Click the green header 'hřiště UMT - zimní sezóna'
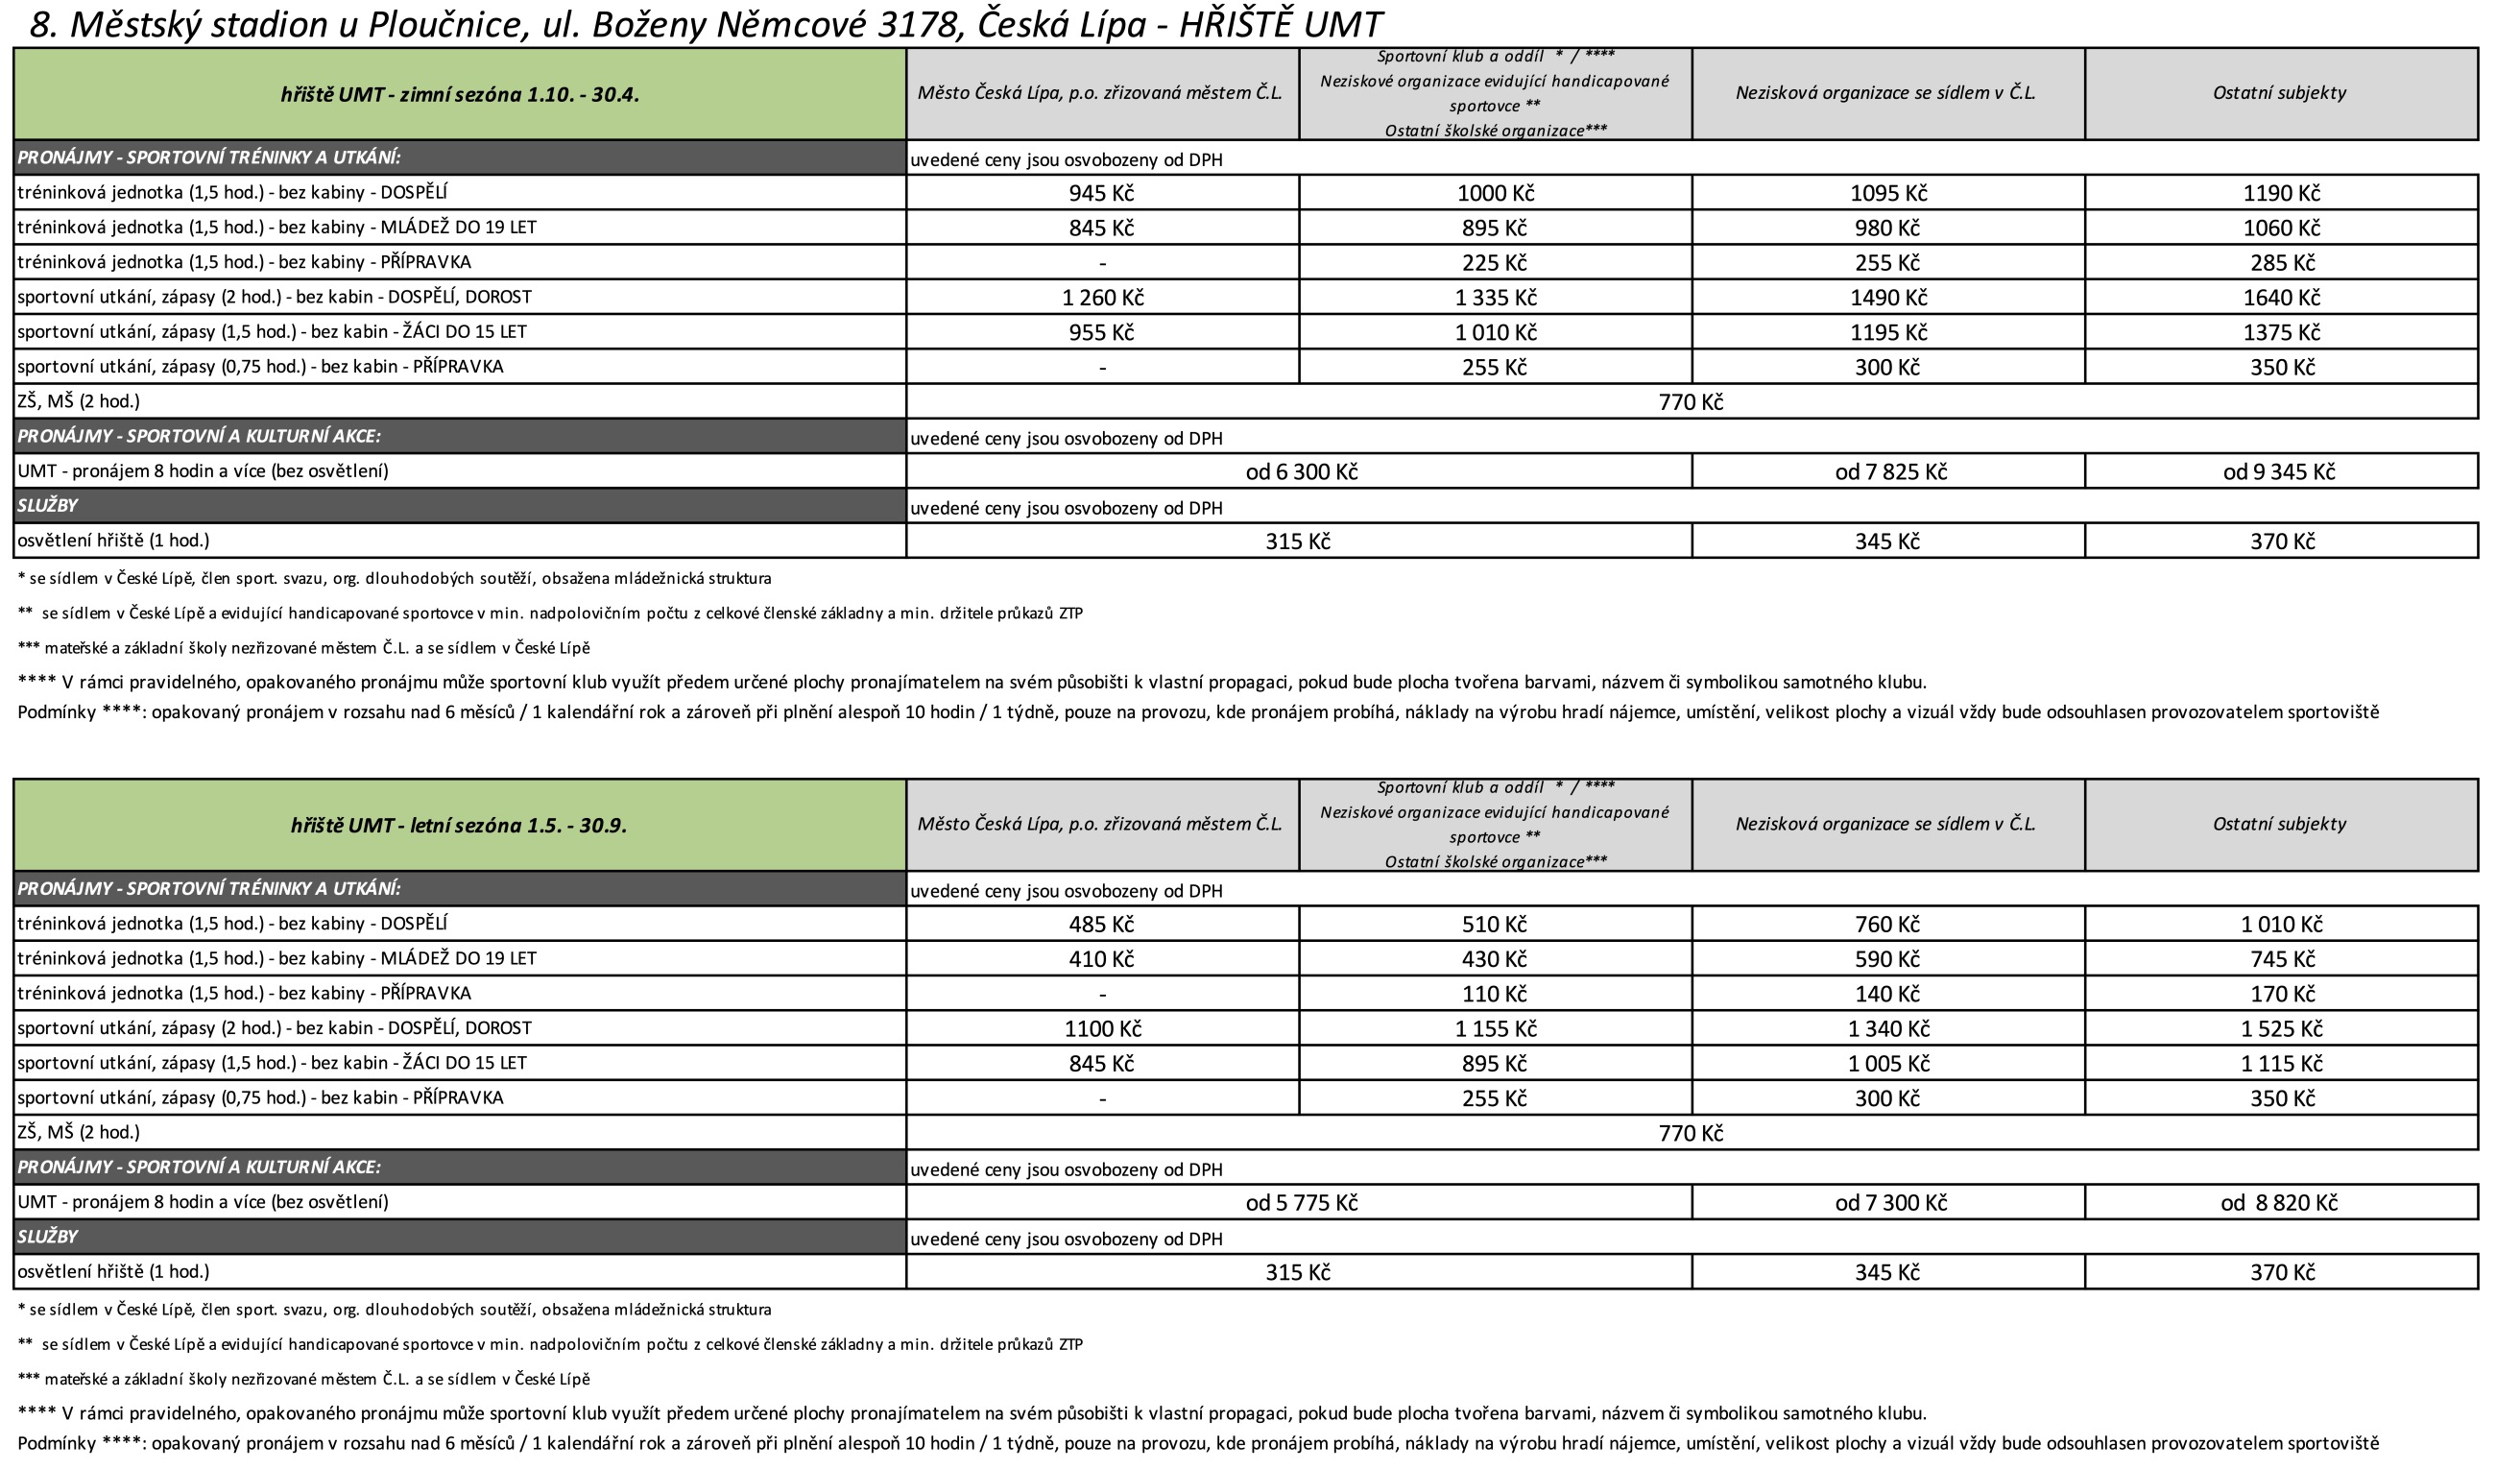[x=460, y=95]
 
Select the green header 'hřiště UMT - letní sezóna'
[x=459, y=826]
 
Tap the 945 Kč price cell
[x=1100, y=193]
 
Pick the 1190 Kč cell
[x=2281, y=193]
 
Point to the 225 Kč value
[x=1494, y=262]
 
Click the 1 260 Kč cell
[x=1101, y=298]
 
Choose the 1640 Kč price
[x=2281, y=298]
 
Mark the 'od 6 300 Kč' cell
[x=1301, y=471]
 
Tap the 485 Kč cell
[x=1100, y=925]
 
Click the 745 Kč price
[x=2281, y=959]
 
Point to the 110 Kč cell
[x=1494, y=994]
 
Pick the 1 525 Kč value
[x=2281, y=1028]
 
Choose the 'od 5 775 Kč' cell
[x=1301, y=1202]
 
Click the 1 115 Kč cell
[x=2281, y=1063]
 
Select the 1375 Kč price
[x=2281, y=332]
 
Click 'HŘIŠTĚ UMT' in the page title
[x=1280, y=25]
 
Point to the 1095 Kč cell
[x=1888, y=193]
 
